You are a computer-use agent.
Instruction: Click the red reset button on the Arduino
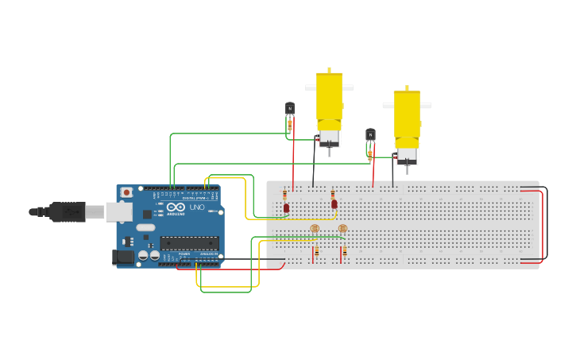click(x=126, y=192)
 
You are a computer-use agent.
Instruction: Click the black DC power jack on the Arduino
click(x=122, y=257)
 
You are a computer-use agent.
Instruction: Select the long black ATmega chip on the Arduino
click(x=189, y=242)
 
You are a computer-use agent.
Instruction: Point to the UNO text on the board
click(x=196, y=207)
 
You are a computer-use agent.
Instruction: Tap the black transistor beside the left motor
click(x=290, y=109)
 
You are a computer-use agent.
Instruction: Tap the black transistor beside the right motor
click(x=370, y=135)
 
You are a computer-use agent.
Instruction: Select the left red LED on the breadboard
click(x=286, y=208)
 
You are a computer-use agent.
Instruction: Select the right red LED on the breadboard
click(x=334, y=204)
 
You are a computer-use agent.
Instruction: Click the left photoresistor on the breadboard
click(x=315, y=229)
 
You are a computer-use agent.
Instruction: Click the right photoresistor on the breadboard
click(x=342, y=229)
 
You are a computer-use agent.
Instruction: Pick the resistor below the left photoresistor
click(x=316, y=251)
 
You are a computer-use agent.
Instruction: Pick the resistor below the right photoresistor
click(x=344, y=251)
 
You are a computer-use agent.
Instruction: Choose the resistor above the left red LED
click(x=284, y=195)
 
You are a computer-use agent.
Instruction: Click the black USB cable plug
click(x=68, y=211)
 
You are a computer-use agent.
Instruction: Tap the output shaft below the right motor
click(x=407, y=168)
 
